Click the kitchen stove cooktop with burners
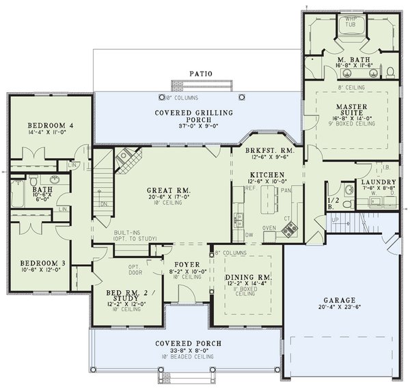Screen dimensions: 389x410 pyautogui.click(x=288, y=231)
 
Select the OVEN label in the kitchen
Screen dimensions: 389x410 pyautogui.click(x=270, y=228)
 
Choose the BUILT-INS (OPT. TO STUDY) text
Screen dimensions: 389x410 pyautogui.click(x=135, y=235)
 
